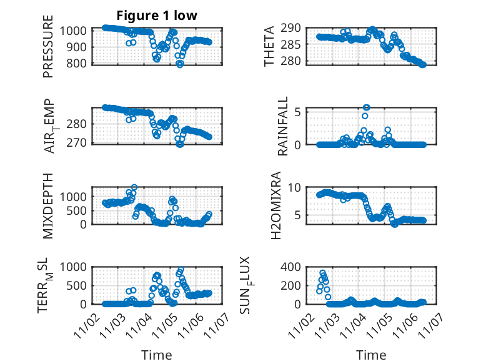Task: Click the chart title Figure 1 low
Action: (157, 16)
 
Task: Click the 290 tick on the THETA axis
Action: (295, 28)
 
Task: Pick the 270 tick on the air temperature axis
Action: (79, 144)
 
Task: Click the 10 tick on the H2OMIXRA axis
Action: (297, 187)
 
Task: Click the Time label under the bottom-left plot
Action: (157, 355)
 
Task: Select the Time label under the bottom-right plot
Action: (371, 355)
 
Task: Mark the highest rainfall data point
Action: (367, 108)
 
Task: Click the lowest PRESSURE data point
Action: (180, 64)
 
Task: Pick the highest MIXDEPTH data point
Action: (134, 187)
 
